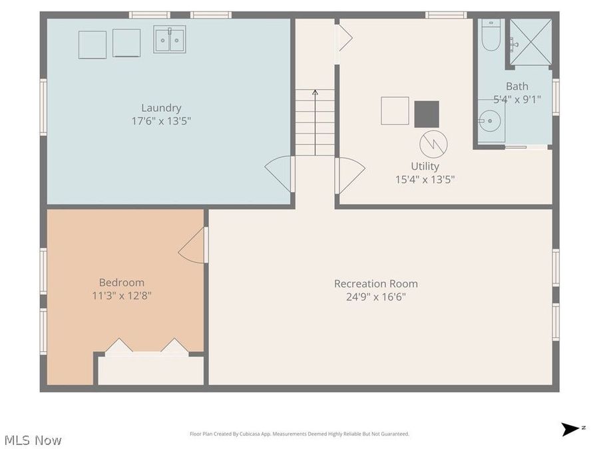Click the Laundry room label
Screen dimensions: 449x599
(161, 108)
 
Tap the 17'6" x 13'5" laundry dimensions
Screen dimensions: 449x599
(161, 121)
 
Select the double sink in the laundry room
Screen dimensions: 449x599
(170, 39)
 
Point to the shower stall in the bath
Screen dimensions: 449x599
(530, 41)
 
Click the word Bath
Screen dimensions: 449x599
(516, 86)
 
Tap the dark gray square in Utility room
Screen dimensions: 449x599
(427, 114)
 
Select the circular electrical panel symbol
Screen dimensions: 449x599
(433, 144)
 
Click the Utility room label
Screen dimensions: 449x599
(425, 166)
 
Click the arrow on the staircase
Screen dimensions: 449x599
(315, 95)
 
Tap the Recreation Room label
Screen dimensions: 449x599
(376, 283)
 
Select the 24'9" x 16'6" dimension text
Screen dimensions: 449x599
(376, 297)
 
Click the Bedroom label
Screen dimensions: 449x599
(122, 282)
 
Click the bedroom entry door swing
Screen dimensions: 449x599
(193, 245)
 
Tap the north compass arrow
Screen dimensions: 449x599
(570, 429)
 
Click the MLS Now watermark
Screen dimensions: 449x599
(33, 440)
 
